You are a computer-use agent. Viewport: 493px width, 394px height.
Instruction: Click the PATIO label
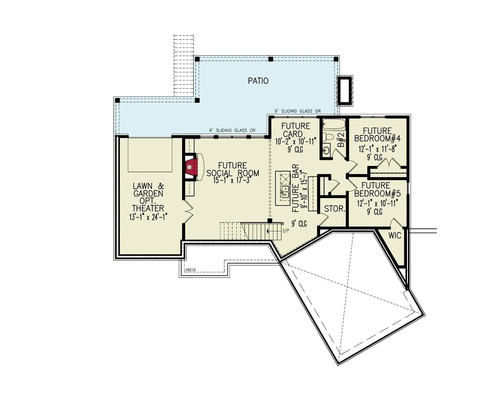[x=258, y=81]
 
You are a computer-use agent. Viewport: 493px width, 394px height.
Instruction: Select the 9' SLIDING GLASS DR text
[x=298, y=111]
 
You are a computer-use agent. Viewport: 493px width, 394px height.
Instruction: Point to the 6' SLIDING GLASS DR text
[x=232, y=130]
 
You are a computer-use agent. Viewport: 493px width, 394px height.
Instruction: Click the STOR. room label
[x=335, y=209]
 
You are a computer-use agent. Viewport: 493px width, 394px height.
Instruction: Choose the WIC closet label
[x=395, y=235]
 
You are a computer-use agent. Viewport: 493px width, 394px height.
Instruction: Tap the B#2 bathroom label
[x=341, y=140]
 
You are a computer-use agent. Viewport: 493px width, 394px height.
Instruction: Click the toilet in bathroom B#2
[x=328, y=137]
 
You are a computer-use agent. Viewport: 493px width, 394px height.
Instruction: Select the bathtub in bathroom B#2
[x=334, y=124]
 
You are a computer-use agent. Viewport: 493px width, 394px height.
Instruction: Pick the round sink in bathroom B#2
[x=326, y=150]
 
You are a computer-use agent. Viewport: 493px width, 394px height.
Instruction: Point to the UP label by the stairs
[x=286, y=231]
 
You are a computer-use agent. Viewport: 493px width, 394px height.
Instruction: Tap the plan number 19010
[x=190, y=270]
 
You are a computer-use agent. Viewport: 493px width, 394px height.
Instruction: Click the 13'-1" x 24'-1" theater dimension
[x=148, y=217]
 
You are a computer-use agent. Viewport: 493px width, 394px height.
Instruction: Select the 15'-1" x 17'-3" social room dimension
[x=233, y=180]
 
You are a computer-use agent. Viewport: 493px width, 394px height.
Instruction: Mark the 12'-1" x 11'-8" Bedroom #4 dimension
[x=377, y=149]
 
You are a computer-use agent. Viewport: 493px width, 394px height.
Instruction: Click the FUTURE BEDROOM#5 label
[x=377, y=189]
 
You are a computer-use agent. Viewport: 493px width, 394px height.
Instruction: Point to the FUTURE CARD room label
[x=295, y=130]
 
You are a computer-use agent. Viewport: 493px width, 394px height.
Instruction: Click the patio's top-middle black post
[x=271, y=59]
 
